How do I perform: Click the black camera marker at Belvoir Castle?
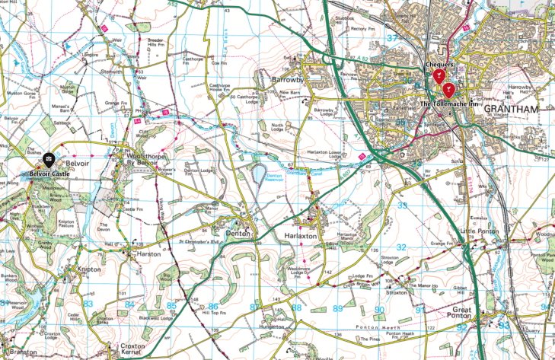coord(48,160)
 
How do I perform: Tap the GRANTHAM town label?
coord(511,110)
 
